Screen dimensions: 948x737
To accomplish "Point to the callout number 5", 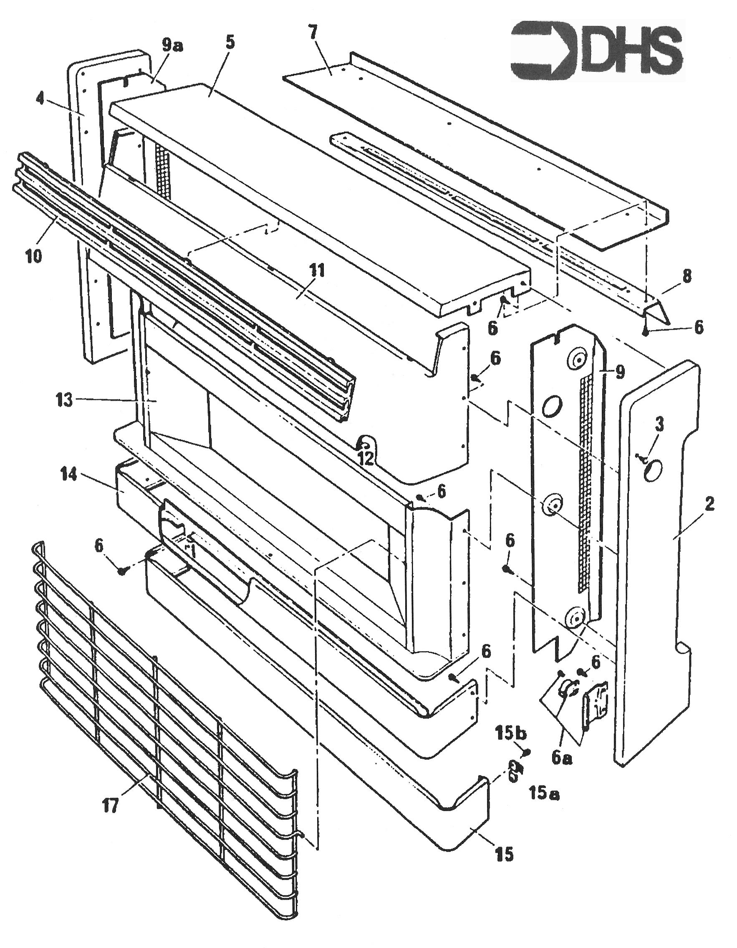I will pos(230,43).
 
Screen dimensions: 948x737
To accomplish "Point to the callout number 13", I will pos(64,400).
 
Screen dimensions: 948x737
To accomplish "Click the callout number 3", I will pos(659,426).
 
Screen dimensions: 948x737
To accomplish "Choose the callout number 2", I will pos(709,504).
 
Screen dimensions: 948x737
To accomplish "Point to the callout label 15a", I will pos(544,794).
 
